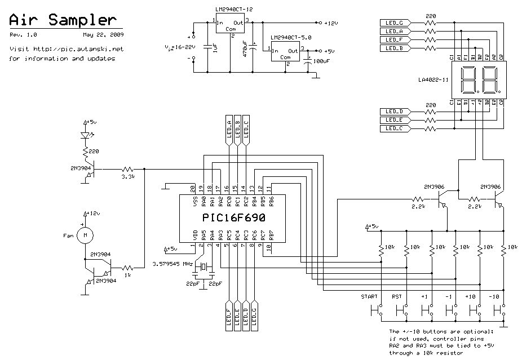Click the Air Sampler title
pos(65,20)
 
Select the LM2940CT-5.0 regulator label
pos(290,38)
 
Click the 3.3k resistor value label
pos(129,177)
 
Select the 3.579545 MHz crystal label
pos(172,263)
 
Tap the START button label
pos(369,296)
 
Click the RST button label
pos(397,296)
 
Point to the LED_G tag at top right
pos(395,23)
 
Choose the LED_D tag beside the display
pos(395,112)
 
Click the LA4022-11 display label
pos(433,79)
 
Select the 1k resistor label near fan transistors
pos(128,275)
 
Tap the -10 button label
pos(494,296)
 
